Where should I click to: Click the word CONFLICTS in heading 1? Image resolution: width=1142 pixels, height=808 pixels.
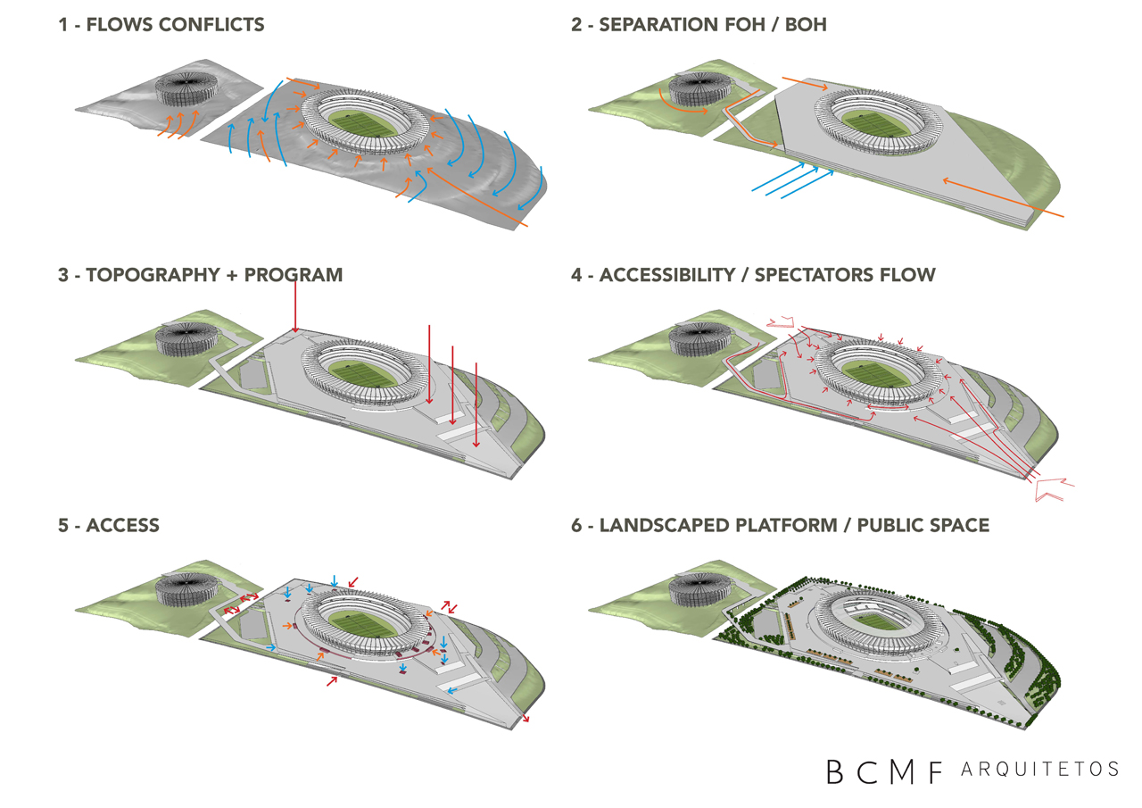click(x=211, y=25)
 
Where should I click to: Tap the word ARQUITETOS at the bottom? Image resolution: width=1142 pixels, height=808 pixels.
click(x=1040, y=769)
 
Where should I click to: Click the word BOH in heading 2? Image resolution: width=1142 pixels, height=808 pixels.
click(x=806, y=25)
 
